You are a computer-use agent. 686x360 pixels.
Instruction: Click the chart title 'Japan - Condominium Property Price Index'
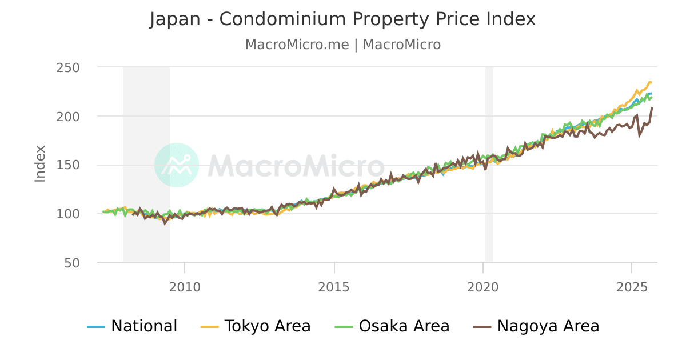(342, 19)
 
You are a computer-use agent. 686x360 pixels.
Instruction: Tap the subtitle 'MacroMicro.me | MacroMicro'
(342, 45)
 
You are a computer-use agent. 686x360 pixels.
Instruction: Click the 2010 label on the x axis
(185, 286)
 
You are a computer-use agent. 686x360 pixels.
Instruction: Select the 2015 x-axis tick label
(334, 286)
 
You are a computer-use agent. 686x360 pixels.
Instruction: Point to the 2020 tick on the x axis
(483, 286)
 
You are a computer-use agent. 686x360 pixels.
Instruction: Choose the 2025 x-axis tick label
(632, 286)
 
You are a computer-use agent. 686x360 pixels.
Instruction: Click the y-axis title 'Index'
(40, 164)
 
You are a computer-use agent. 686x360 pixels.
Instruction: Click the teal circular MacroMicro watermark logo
(177, 165)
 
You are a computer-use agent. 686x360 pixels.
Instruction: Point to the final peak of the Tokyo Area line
(650, 82)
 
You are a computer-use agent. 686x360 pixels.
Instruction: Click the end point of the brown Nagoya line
(652, 108)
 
